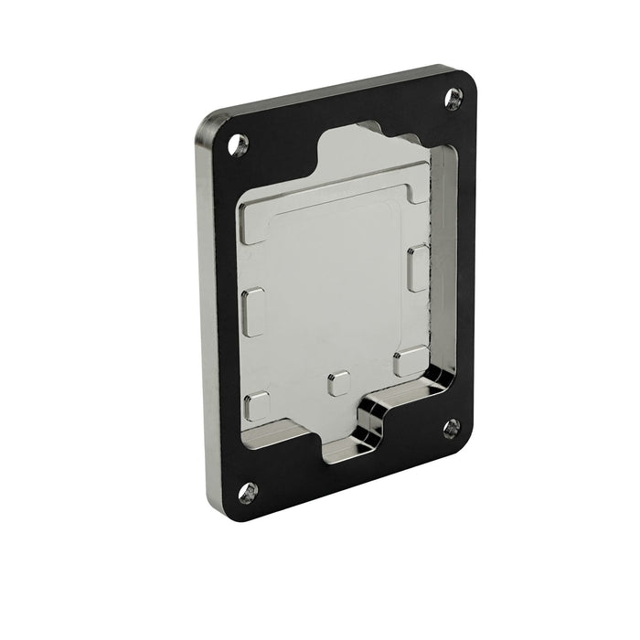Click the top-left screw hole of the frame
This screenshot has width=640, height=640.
tap(239, 143)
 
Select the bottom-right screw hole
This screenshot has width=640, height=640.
tap(451, 428)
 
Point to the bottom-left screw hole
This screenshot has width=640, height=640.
tap(249, 492)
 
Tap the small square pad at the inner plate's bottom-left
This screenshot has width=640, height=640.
tap(258, 406)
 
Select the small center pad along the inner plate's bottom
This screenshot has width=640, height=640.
tap(339, 383)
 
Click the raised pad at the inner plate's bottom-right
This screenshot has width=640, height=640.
tap(410, 361)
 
